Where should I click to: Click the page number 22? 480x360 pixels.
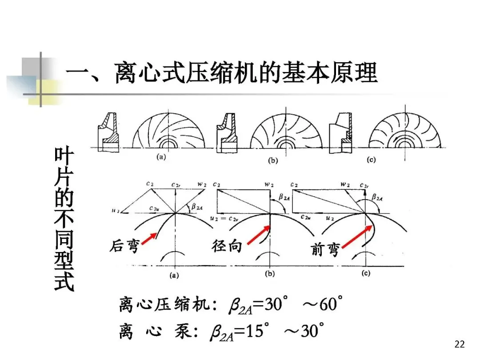(x=460, y=344)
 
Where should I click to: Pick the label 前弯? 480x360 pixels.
(x=325, y=250)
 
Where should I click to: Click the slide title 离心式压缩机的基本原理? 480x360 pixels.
(x=222, y=72)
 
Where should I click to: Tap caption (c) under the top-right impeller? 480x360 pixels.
(x=371, y=160)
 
